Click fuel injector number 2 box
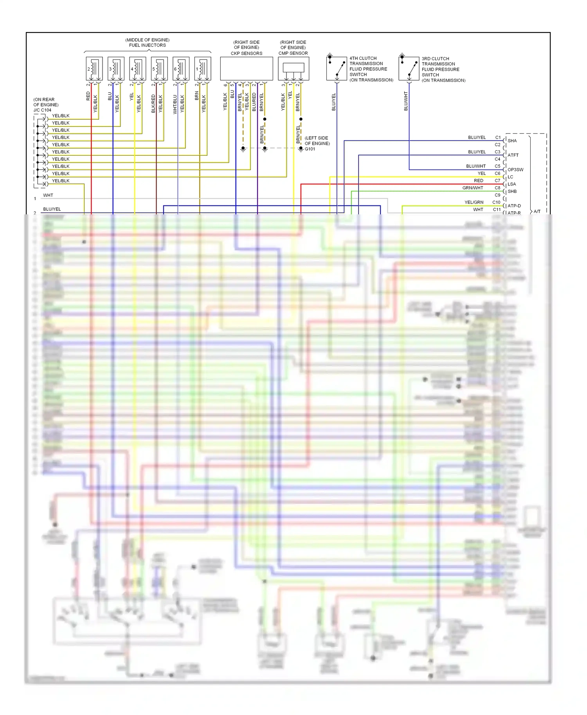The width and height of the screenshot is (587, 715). pos(94,69)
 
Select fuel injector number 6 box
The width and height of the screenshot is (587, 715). pos(181,69)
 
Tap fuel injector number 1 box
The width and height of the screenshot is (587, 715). pos(203,69)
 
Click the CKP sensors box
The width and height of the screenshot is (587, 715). pos(247,69)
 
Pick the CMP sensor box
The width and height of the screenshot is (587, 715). pos(293,69)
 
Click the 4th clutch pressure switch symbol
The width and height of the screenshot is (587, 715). pos(337,68)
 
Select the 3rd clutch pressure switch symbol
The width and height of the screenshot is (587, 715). pos(409,68)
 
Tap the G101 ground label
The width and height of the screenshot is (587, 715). pos(310,149)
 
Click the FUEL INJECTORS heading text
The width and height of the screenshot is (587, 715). pos(148,45)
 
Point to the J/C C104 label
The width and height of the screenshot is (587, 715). pos(42,110)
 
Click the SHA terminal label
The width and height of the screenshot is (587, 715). pos(512,141)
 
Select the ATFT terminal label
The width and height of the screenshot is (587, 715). pos(513,155)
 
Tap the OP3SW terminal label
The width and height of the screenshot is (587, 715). pos(515,170)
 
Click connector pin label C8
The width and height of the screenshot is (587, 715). pos(497,188)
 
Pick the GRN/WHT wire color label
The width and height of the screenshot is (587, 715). pos(473,188)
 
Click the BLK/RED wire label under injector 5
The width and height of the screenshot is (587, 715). pos(153,103)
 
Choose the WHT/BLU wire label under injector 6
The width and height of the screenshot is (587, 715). pos(175,104)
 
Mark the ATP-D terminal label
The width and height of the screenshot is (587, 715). pos(514,206)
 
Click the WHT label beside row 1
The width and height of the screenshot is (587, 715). pos(48,195)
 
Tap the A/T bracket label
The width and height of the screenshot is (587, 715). pos(537,212)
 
